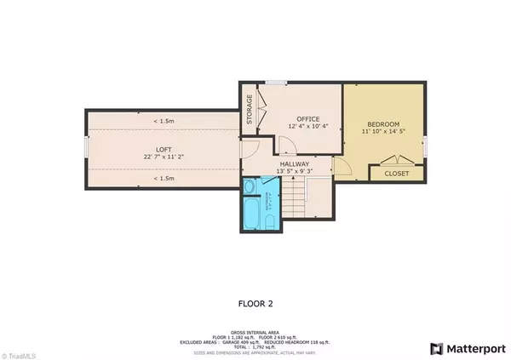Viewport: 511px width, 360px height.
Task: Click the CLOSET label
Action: coord(396,174)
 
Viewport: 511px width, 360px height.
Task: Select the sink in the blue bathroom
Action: coord(250,186)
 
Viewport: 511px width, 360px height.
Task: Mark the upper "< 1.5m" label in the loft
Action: coord(164,120)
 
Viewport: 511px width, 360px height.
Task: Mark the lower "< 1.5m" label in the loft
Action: coord(164,179)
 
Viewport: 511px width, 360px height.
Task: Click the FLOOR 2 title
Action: coord(255,302)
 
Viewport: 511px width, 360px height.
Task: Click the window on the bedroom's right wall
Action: coord(426,145)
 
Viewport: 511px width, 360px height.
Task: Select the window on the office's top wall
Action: coord(273,83)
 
